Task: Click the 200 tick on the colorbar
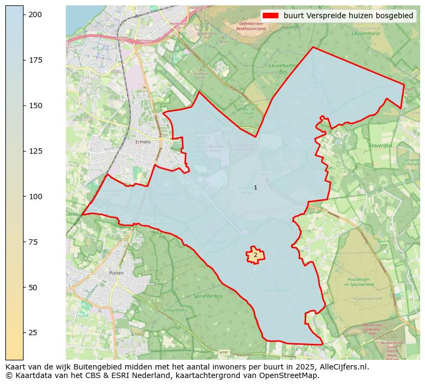[24, 14]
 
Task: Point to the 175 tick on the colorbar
[24, 60]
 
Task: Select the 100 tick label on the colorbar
[35, 197]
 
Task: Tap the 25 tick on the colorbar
[24, 333]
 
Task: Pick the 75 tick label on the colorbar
[33, 242]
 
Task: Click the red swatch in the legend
[271, 16]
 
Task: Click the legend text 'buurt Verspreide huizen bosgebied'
[348, 16]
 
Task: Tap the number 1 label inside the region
[255, 187]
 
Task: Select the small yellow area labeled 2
[255, 255]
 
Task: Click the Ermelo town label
[143, 142]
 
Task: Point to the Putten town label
[116, 273]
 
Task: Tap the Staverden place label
[380, 145]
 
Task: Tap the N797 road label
[224, 352]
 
